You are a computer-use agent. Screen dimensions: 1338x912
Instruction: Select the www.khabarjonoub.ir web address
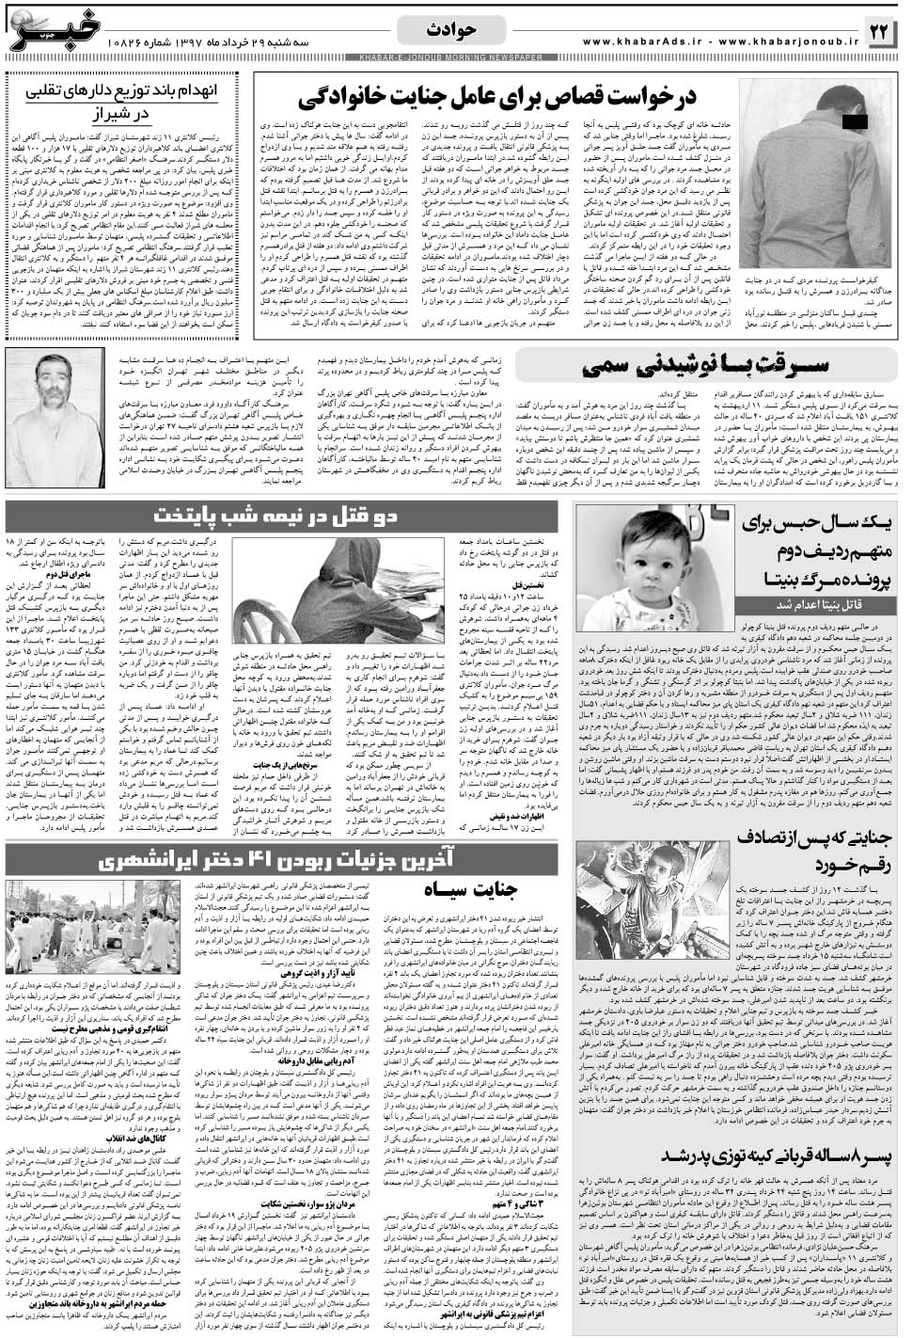(x=783, y=41)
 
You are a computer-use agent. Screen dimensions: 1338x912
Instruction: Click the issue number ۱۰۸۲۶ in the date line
(x=124, y=43)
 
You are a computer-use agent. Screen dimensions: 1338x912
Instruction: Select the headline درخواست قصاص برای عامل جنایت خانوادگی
(x=507, y=98)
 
